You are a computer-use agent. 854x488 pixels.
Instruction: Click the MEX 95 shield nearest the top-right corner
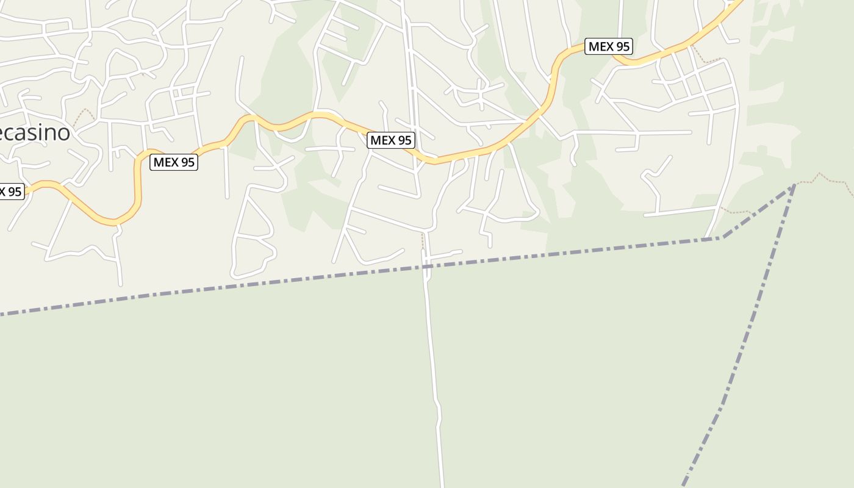tap(608, 46)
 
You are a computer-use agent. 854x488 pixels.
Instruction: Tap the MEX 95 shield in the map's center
tap(391, 140)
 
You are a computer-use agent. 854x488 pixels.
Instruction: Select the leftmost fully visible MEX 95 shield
tap(174, 162)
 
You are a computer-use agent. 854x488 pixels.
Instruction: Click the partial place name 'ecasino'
tap(34, 132)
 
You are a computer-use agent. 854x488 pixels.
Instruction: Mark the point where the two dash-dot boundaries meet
tap(794, 185)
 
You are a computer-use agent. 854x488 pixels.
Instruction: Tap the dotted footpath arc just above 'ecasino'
tap(86, 113)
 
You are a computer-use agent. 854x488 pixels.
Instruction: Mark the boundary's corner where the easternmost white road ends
tap(722, 237)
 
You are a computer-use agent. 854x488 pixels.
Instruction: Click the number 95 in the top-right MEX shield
tap(622, 46)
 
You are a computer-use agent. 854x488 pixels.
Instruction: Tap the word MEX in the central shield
tap(383, 140)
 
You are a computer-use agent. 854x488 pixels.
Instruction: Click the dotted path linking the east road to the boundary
tap(735, 212)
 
